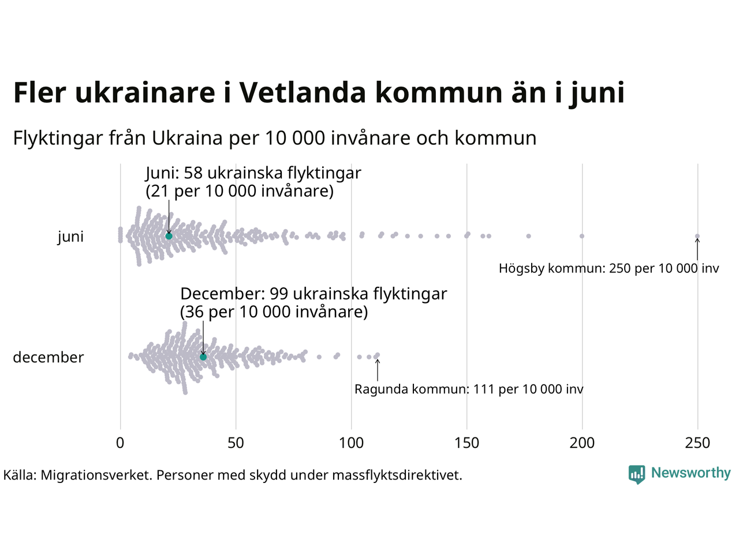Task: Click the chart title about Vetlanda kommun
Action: click(319, 93)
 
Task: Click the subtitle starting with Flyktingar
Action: click(275, 138)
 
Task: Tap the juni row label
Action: click(70, 237)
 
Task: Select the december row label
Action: click(48, 357)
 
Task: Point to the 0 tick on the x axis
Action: click(120, 443)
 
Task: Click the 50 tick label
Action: click(236, 443)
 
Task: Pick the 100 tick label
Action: click(351, 443)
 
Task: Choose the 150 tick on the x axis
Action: click(466, 443)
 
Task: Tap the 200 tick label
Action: click(582, 443)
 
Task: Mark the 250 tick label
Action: click(697, 443)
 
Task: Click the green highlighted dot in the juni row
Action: click(169, 236)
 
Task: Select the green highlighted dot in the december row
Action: click(203, 357)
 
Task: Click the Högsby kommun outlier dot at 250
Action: click(697, 236)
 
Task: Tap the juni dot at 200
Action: click(582, 236)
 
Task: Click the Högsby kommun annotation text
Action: click(609, 268)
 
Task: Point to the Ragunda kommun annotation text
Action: click(469, 390)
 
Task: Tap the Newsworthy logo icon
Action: click(636, 474)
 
